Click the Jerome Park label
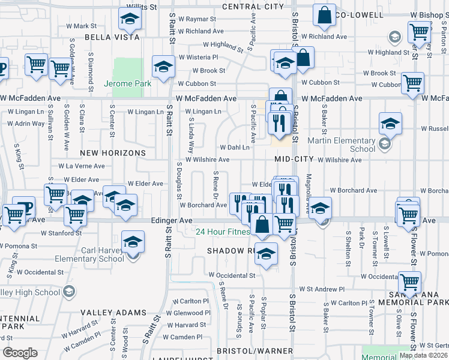coord(127,84)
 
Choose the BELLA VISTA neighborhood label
coord(112,37)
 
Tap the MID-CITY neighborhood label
coord(294,159)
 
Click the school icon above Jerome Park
coord(163,68)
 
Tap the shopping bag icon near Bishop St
coord(324,16)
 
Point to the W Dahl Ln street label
coord(234,147)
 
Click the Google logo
coord(20,353)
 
